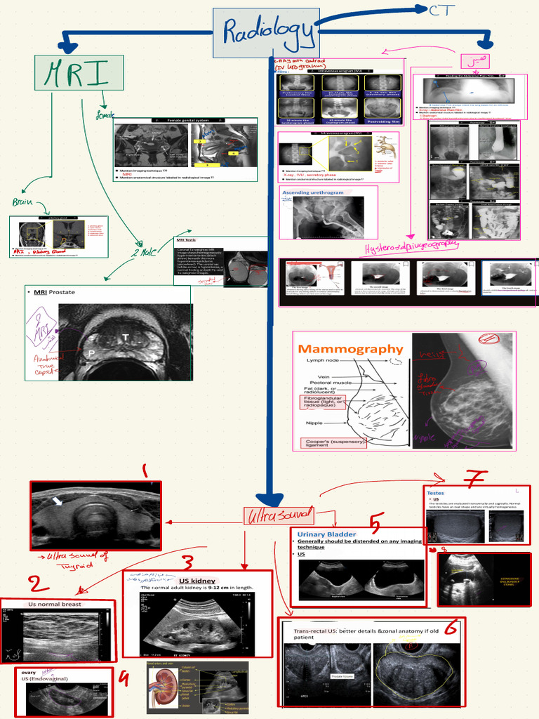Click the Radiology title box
coord(266,32)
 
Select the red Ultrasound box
coord(279,516)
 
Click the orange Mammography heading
coord(351,349)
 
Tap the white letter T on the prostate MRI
coord(126,338)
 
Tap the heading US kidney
coord(197,581)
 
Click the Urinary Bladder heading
coord(328,534)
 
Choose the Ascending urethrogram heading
coord(313,192)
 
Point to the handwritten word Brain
coord(22,202)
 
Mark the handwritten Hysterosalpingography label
coord(411,246)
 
